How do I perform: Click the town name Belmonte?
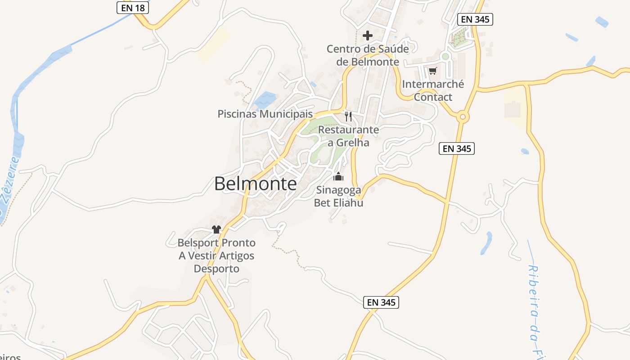click(255, 184)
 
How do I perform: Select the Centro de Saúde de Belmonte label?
click(368, 55)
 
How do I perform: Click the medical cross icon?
click(368, 35)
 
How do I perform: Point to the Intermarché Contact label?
click(433, 90)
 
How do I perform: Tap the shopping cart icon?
click(432, 71)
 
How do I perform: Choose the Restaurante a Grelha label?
click(349, 136)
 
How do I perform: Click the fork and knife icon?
click(348, 117)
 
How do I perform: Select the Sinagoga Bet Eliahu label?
click(338, 196)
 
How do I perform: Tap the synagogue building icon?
click(338, 176)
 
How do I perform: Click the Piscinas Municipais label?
click(265, 114)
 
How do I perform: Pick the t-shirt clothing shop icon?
click(216, 229)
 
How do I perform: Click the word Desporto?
click(216, 269)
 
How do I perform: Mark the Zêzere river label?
click(9, 184)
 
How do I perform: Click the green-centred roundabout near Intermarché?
click(445, 56)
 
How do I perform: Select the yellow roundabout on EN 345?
click(462, 117)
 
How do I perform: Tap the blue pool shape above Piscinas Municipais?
click(265, 100)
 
